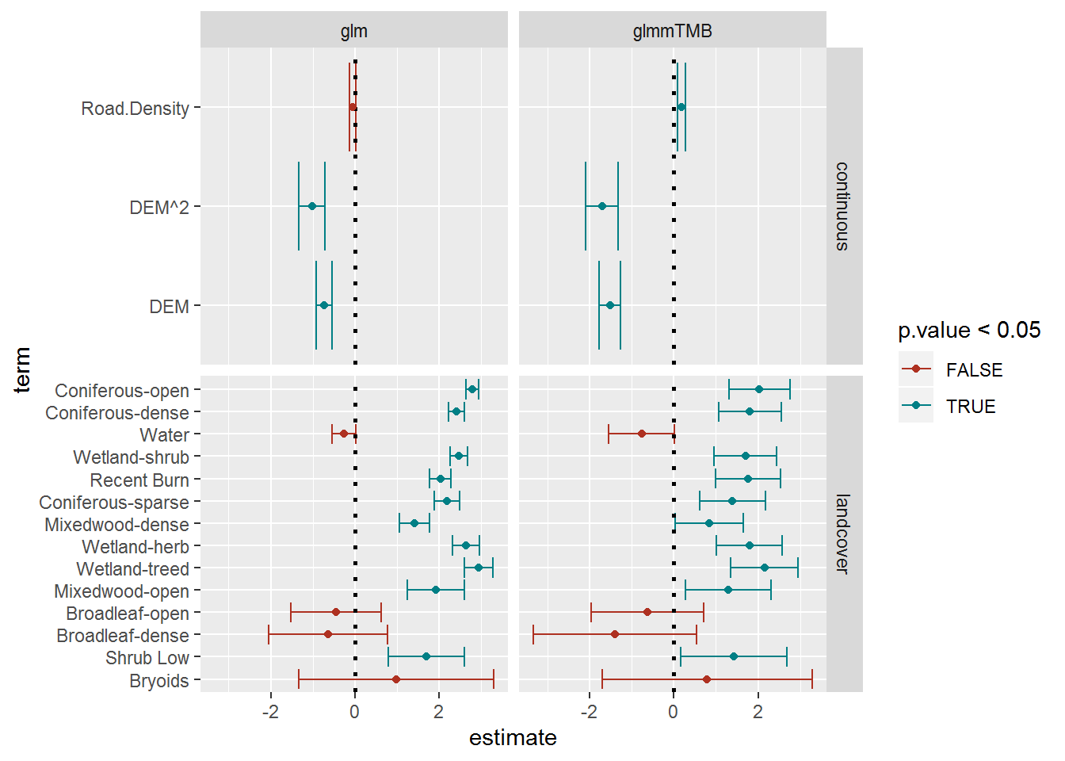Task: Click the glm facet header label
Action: pyautogui.click(x=353, y=31)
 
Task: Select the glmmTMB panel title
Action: pyautogui.click(x=672, y=31)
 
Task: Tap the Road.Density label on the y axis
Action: pyautogui.click(x=135, y=109)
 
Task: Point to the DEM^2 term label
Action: pyautogui.click(x=159, y=208)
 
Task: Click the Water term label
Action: pyautogui.click(x=164, y=435)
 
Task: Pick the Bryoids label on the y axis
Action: pyautogui.click(x=158, y=681)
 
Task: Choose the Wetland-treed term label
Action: pyautogui.click(x=132, y=569)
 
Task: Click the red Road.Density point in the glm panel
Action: pyautogui.click(x=353, y=107)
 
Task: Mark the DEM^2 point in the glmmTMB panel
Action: pyautogui.click(x=601, y=206)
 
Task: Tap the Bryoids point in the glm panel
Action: pyautogui.click(x=396, y=679)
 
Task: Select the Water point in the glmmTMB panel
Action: pyautogui.click(x=641, y=434)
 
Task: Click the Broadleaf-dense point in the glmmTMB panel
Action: pyautogui.click(x=614, y=634)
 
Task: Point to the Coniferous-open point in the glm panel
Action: pyautogui.click(x=472, y=389)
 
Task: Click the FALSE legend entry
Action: pyautogui.click(x=974, y=370)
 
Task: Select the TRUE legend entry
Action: pyautogui.click(x=970, y=407)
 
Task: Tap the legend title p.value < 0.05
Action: pyautogui.click(x=968, y=331)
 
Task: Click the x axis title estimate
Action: pyautogui.click(x=513, y=738)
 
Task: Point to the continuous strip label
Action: pyautogui.click(x=842, y=206)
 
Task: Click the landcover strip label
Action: pyautogui.click(x=842, y=533)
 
